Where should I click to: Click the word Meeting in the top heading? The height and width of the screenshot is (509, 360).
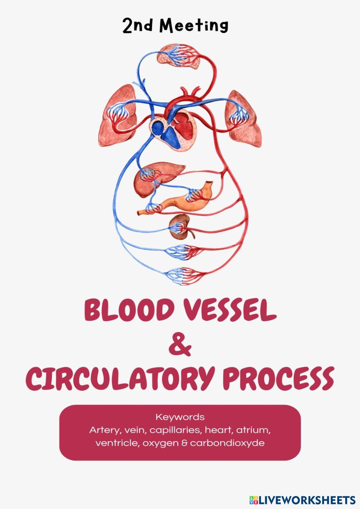194,26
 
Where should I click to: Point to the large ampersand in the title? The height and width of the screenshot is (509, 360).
180,345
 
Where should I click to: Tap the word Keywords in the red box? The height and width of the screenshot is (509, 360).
180,417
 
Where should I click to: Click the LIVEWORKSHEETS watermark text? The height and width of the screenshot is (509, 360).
307,500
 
